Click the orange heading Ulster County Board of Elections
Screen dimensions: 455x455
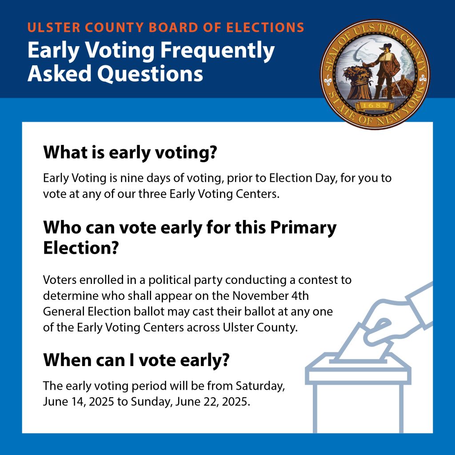point(166,27)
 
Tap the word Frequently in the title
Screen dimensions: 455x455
point(217,51)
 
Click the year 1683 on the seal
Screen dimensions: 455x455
point(375,105)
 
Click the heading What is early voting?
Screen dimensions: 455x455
point(130,152)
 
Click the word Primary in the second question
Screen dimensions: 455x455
point(303,228)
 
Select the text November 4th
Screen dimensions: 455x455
point(271,295)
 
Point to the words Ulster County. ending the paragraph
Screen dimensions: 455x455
point(260,327)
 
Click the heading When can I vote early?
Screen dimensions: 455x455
point(136,360)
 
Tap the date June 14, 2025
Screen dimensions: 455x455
point(78,402)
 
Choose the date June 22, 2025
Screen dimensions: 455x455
point(212,402)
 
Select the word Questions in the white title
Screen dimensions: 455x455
point(150,74)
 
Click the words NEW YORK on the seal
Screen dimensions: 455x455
point(400,110)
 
